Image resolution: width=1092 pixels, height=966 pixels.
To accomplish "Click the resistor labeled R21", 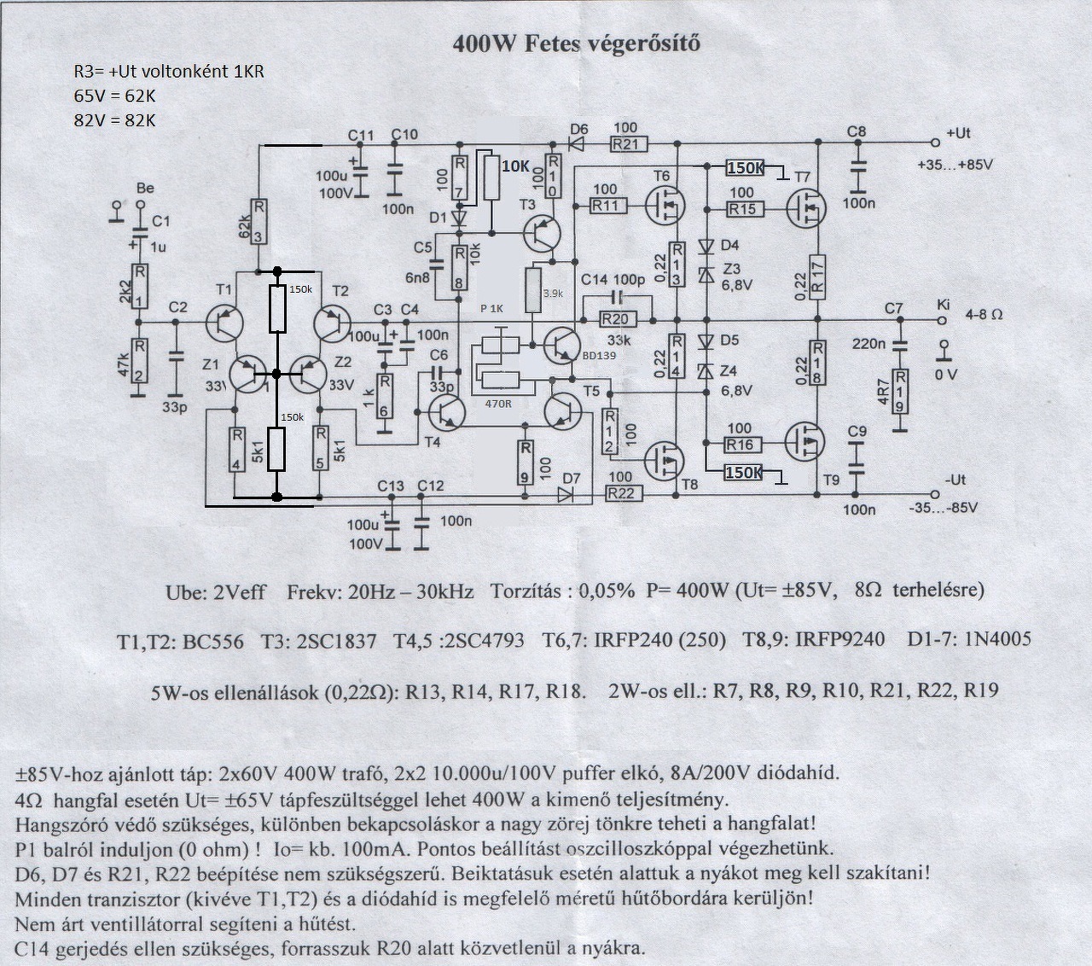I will (x=629, y=144).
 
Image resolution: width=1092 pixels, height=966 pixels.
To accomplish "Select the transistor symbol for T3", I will (x=540, y=233).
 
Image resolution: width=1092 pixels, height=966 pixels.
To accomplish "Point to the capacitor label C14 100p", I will (x=613, y=280).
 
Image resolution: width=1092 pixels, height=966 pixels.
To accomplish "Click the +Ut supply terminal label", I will (x=958, y=133).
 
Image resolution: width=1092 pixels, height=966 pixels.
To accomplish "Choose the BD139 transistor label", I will (x=601, y=356).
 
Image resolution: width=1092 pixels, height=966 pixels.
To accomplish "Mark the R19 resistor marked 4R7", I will (x=898, y=391).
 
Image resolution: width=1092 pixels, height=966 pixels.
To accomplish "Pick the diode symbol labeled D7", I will (x=566, y=494).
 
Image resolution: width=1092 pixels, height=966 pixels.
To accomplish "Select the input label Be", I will (x=145, y=188).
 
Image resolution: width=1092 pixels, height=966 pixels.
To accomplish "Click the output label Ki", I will (x=943, y=305).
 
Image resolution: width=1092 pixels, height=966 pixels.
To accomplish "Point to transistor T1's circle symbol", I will (x=226, y=323).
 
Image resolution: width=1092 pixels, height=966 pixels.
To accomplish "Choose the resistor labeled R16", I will (x=741, y=444).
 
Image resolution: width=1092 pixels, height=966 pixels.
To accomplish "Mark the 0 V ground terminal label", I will (x=945, y=374).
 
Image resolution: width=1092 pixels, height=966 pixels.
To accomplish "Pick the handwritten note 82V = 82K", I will (x=115, y=119).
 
